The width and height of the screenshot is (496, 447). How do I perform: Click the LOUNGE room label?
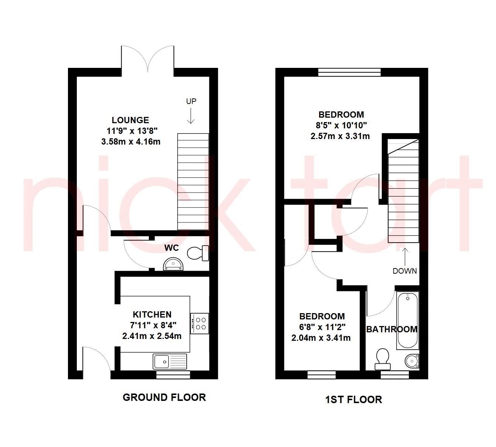[130, 120]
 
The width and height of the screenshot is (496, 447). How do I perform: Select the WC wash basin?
[172, 264]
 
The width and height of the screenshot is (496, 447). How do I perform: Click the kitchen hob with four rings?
[200, 323]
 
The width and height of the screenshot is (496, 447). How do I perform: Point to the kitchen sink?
[170, 361]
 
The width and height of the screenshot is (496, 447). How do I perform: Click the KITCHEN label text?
[152, 315]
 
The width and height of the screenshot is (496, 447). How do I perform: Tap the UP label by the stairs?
[191, 101]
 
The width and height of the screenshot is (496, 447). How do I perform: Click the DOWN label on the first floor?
[405, 271]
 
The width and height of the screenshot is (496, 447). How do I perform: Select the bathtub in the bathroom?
[407, 320]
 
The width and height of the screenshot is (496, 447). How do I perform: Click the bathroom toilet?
[383, 359]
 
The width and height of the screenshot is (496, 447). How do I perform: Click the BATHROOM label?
[391, 329]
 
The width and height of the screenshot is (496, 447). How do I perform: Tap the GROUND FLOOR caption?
[164, 397]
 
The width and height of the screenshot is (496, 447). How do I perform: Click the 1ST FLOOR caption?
[353, 399]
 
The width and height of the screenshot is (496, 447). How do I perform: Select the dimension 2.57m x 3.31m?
[340, 136]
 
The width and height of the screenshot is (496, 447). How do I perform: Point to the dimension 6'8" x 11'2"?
[322, 327]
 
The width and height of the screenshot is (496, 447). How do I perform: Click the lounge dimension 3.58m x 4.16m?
[131, 141]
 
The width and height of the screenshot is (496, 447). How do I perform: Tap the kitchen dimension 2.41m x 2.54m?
[152, 336]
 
